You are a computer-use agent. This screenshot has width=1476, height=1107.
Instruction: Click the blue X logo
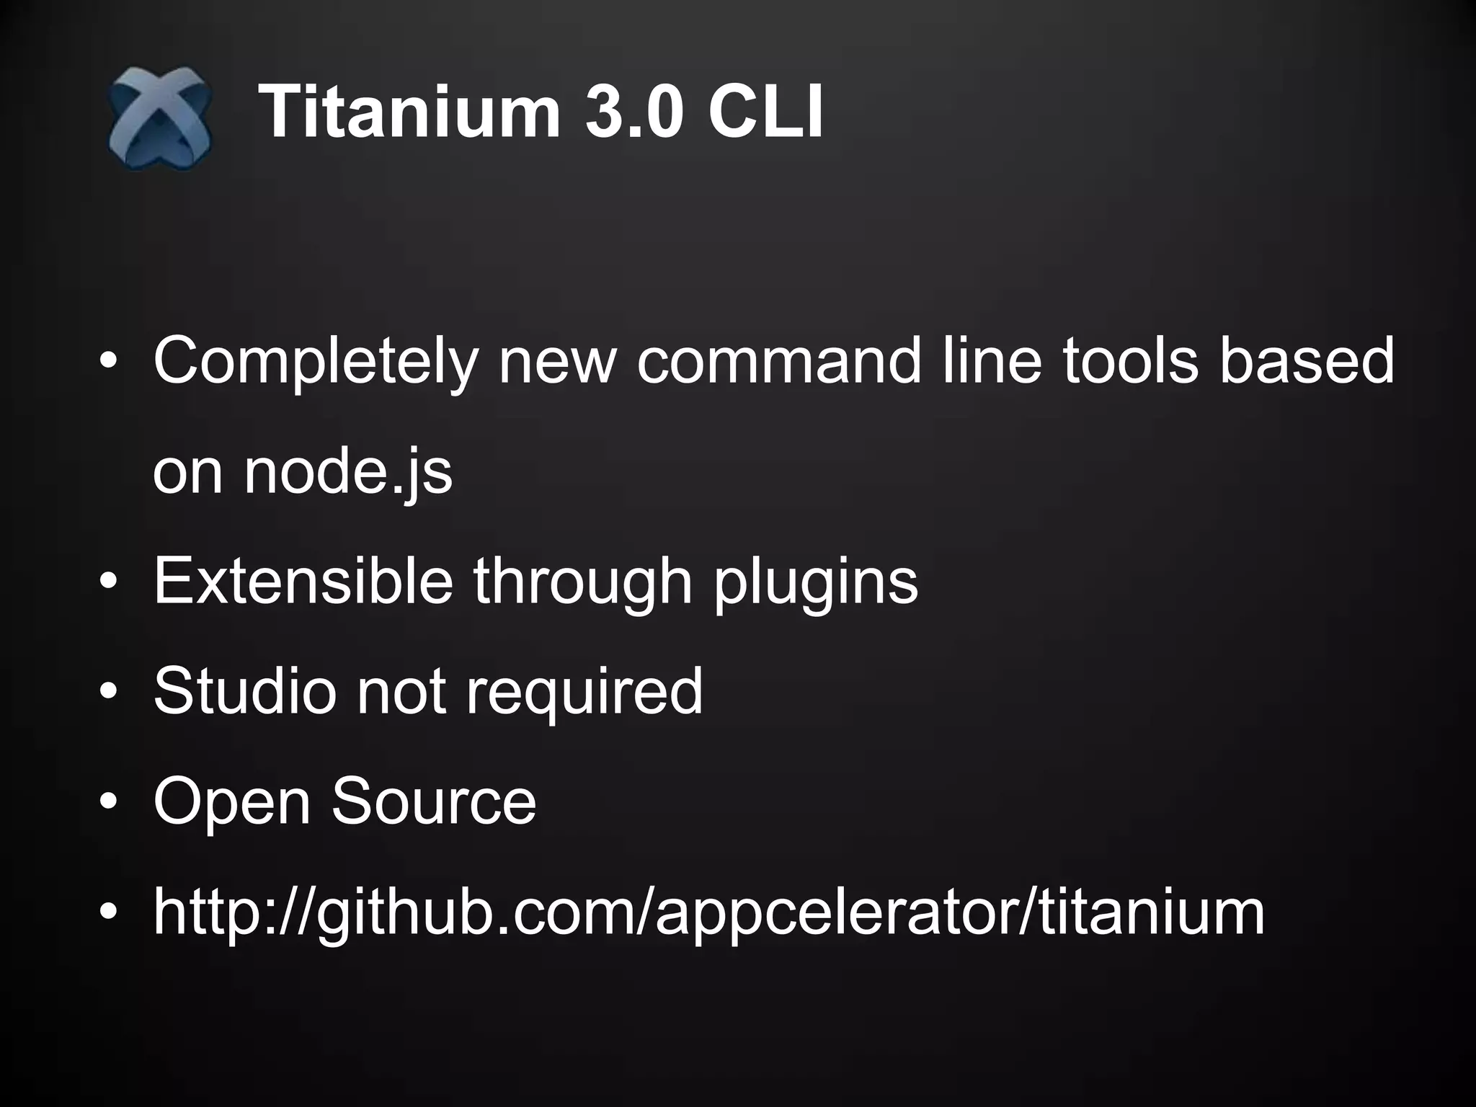(x=160, y=117)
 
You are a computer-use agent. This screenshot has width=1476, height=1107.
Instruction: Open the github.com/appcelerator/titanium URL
(x=709, y=912)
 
